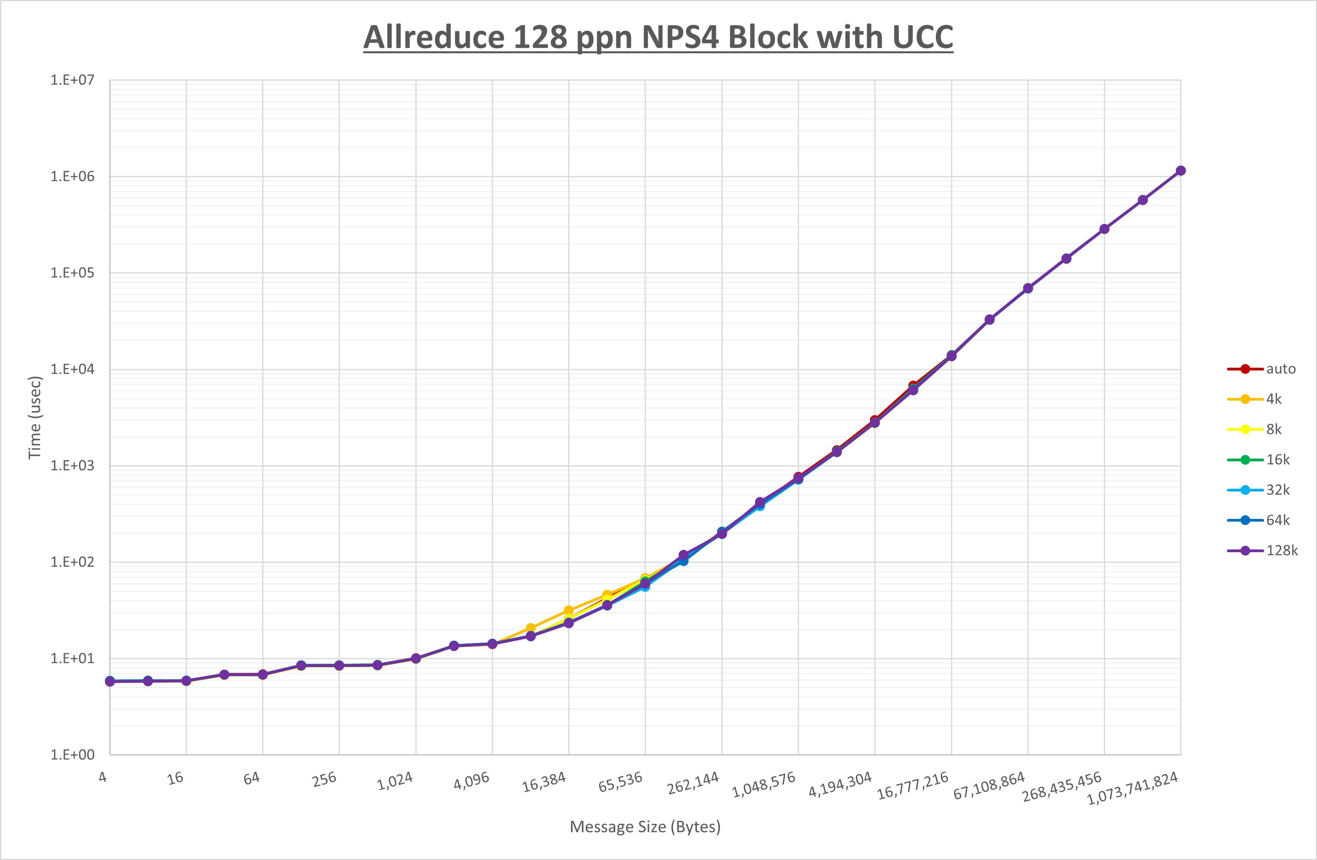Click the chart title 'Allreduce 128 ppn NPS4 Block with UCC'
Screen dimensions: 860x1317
658,37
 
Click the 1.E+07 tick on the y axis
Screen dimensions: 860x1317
72,80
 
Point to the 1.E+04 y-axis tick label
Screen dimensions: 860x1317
72,369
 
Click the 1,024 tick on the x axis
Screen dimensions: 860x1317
395,781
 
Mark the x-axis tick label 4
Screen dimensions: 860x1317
103,777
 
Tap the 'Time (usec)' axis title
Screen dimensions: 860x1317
35,417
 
